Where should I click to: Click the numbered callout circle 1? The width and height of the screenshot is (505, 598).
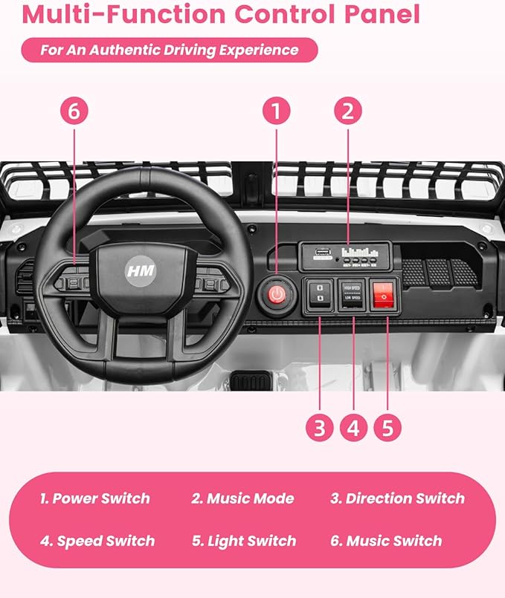[276, 112]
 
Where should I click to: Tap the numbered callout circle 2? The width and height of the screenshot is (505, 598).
[347, 112]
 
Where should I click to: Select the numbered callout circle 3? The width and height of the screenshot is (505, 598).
[320, 427]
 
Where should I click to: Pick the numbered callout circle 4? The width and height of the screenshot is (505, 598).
[353, 427]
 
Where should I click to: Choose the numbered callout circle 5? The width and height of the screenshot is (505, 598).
[387, 427]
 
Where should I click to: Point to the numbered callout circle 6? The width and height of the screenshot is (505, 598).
[74, 112]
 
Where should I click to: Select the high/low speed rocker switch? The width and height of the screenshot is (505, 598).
[352, 295]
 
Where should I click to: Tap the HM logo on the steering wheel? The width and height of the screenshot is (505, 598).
[140, 270]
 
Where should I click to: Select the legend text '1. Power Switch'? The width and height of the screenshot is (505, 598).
[94, 498]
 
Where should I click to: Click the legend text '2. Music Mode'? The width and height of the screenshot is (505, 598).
[242, 498]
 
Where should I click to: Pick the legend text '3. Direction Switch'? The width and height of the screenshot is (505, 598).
[397, 498]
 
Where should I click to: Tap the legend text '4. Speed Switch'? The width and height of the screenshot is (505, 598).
[97, 541]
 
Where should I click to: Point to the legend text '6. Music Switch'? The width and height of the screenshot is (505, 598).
[386, 541]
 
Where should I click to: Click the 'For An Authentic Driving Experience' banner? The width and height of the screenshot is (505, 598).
[170, 51]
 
